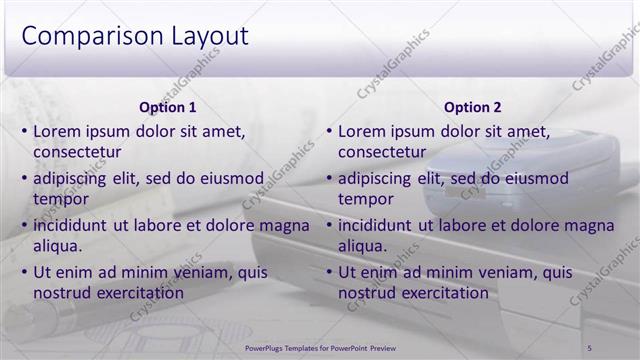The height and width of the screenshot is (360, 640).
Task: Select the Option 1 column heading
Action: pyautogui.click(x=168, y=107)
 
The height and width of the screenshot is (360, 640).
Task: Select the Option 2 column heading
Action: pyautogui.click(x=473, y=107)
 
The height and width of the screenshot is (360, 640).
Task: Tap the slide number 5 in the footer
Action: pyautogui.click(x=590, y=347)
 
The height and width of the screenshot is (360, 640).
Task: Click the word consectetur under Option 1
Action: pyautogui.click(x=77, y=152)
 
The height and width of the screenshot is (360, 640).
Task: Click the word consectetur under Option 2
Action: pyautogui.click(x=382, y=152)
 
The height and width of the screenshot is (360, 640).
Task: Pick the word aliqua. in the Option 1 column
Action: pyautogui.click(x=58, y=246)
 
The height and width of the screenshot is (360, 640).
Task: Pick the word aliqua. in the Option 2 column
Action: pyautogui.click(x=363, y=246)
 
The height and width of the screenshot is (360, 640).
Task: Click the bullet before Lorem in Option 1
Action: pyautogui.click(x=23, y=131)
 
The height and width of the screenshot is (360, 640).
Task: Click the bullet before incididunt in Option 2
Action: pyautogui.click(x=328, y=226)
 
